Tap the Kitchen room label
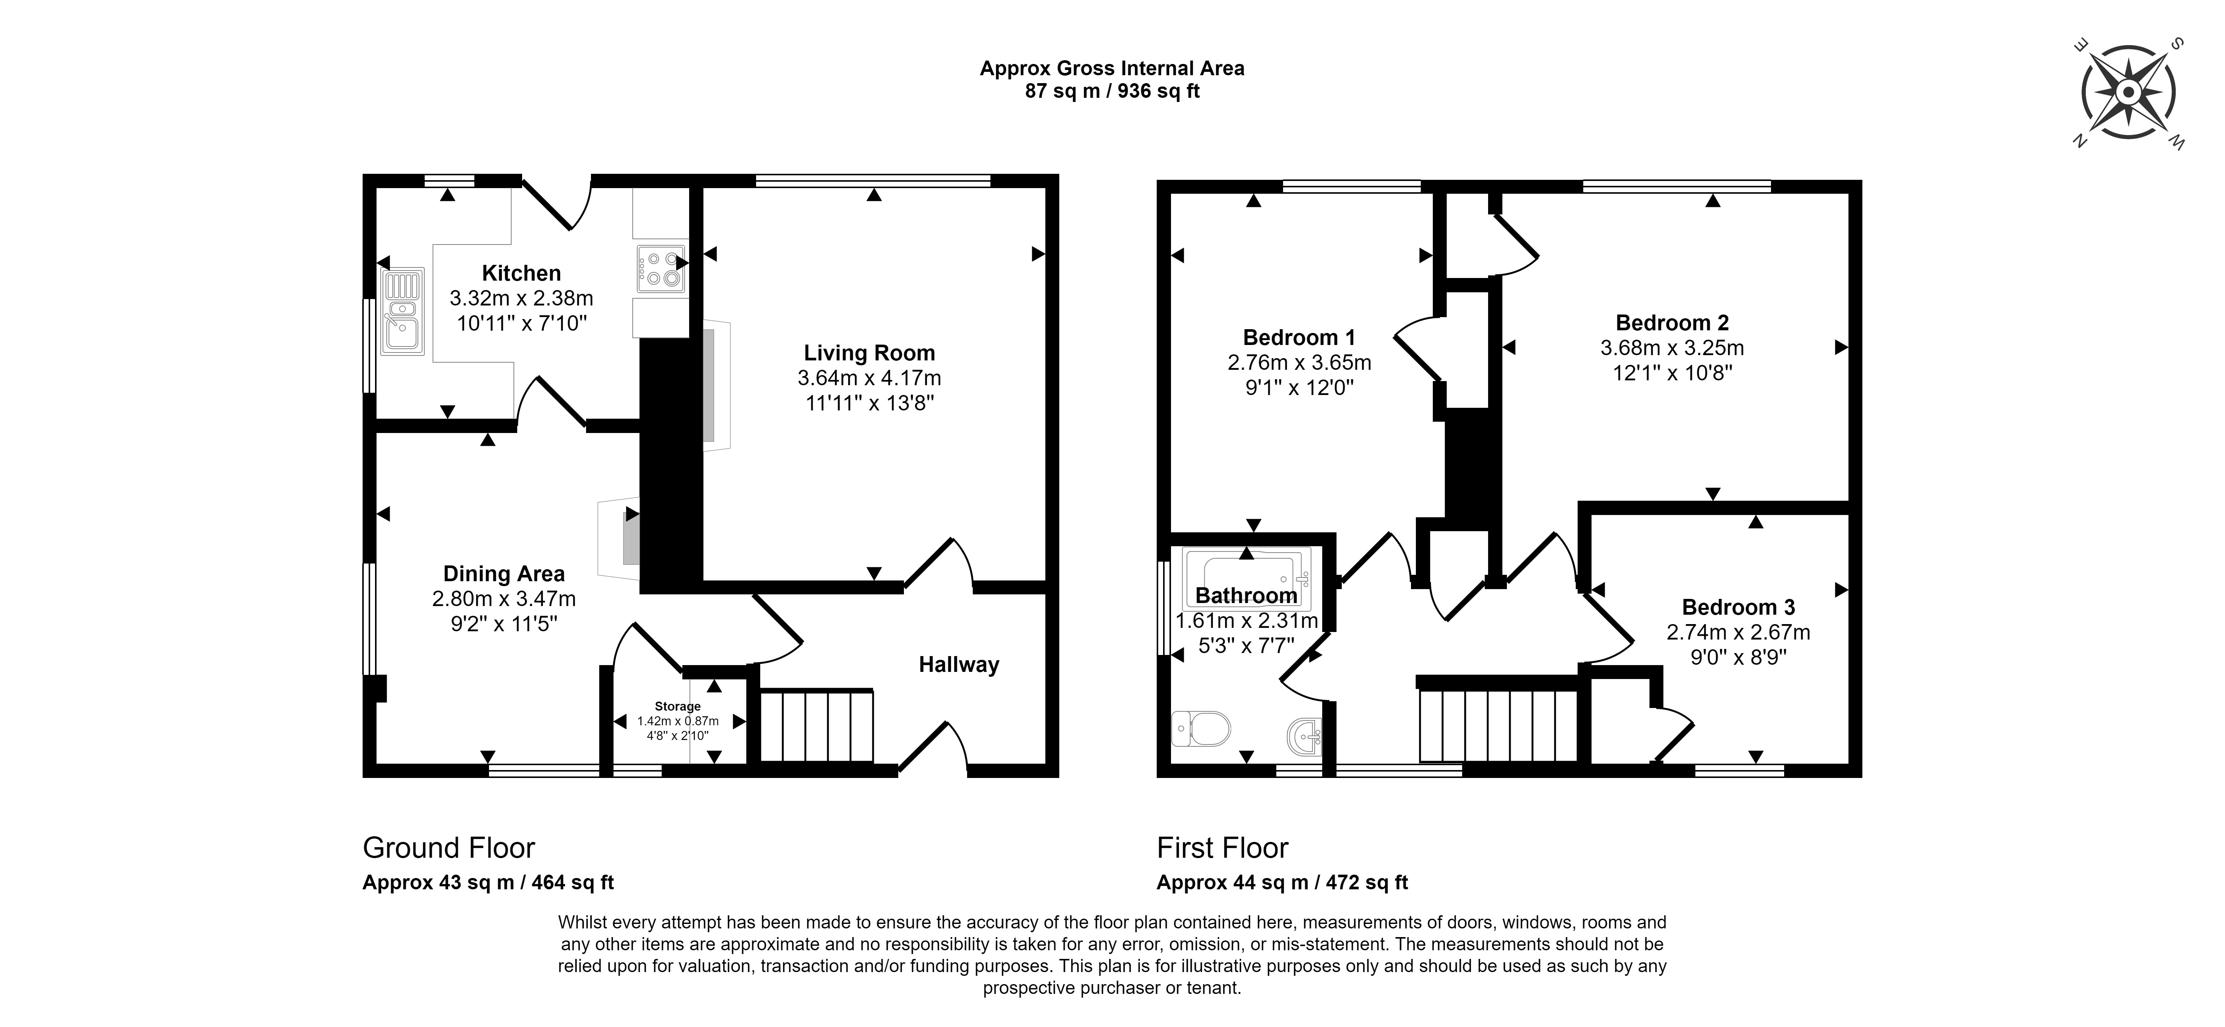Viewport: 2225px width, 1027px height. click(521, 273)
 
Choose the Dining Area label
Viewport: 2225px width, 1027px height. click(504, 574)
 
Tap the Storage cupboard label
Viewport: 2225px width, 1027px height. click(677, 706)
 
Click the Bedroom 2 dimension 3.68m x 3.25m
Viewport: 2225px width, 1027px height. click(1672, 348)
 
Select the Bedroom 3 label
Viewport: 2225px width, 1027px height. click(1739, 607)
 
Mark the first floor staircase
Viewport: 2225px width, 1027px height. click(1499, 724)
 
